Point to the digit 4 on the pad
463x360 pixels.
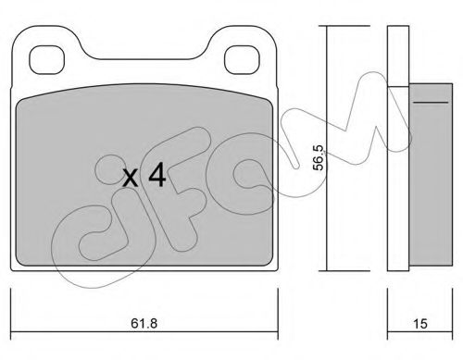157,174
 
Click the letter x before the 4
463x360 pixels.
131,176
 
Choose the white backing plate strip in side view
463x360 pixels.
397,148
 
